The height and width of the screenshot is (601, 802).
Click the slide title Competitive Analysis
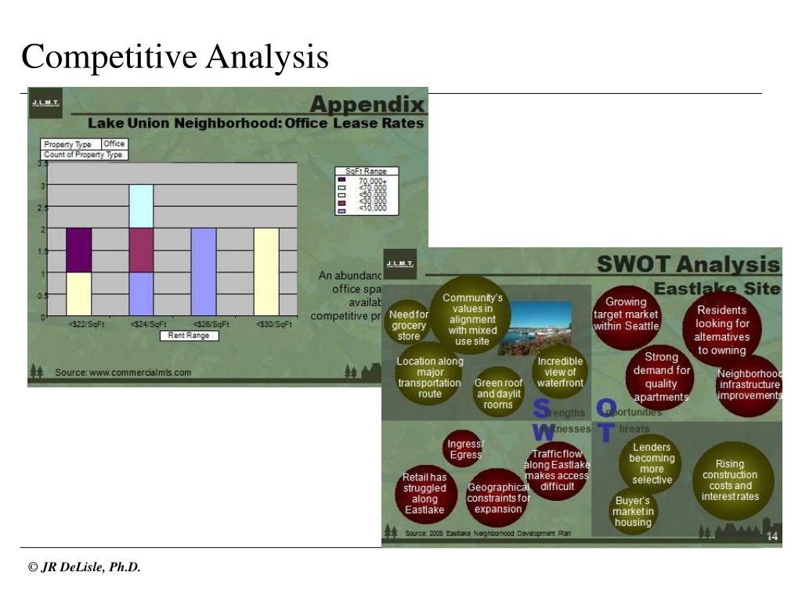[175, 57]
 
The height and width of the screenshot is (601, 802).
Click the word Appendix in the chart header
[367, 104]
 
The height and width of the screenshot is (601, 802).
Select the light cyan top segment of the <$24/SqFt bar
[141, 207]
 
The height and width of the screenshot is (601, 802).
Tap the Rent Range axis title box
[190, 336]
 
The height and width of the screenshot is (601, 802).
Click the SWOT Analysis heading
[688, 264]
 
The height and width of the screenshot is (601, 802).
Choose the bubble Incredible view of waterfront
[560, 372]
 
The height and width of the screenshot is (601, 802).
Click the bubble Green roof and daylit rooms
[498, 394]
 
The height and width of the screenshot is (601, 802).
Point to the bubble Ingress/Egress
[464, 449]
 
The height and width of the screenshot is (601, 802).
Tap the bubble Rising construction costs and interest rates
[730, 480]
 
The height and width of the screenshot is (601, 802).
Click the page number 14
[771, 536]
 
